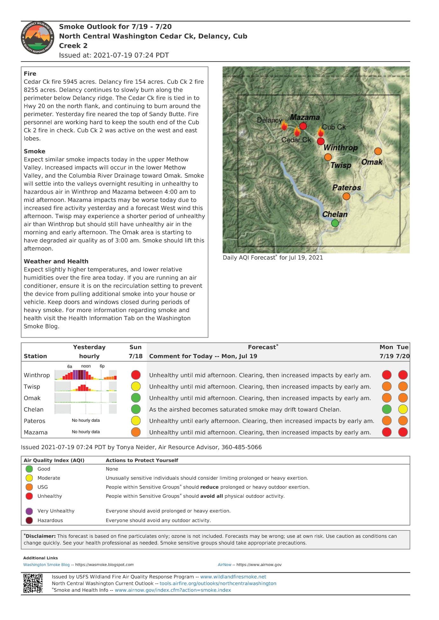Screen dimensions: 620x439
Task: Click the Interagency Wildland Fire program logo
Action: tap(38, 38)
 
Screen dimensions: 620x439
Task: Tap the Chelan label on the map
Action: tap(335, 214)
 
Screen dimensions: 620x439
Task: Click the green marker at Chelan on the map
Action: tap(335, 223)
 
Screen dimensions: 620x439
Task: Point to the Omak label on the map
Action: tap(372, 162)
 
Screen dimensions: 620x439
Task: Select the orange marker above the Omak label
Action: tap(378, 151)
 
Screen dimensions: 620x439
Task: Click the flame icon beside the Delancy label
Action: tap(284, 126)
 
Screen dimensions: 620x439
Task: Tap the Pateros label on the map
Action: tap(346, 188)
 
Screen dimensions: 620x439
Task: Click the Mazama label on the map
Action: tap(305, 118)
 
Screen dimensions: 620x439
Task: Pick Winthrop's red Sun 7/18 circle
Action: tap(136, 375)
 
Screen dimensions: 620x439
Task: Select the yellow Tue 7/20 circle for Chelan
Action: tap(403, 409)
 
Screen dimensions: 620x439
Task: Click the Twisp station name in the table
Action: tap(32, 387)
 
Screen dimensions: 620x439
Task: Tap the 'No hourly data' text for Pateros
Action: tap(86, 421)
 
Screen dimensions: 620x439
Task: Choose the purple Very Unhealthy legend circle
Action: tap(29, 511)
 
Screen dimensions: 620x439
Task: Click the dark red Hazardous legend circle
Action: tap(29, 521)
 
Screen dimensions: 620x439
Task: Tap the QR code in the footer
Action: tap(33, 583)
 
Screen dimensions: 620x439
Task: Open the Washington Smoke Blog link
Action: tap(46, 565)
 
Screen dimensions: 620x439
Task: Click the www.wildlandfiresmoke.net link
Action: tap(233, 577)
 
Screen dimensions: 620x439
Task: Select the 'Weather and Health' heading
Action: tap(56, 261)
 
